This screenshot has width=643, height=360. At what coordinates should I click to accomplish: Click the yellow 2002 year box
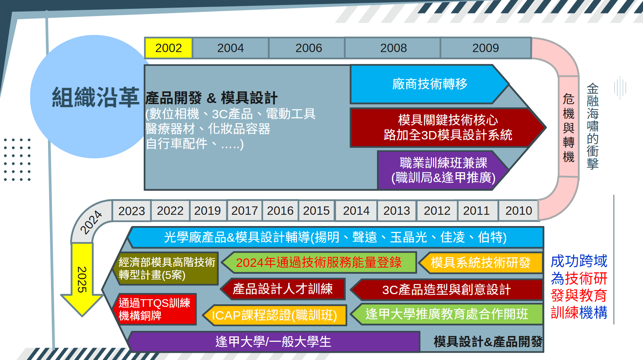168,48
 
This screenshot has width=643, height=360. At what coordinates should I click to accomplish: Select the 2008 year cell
393,48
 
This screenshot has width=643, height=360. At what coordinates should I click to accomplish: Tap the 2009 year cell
485,48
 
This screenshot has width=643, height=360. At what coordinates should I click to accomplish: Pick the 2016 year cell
280,210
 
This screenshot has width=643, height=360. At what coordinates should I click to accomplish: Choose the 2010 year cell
519,210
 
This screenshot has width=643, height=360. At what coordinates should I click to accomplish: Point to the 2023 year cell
131,211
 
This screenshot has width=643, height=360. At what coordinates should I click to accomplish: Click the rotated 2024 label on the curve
91,222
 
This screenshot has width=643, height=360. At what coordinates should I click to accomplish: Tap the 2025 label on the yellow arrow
82,279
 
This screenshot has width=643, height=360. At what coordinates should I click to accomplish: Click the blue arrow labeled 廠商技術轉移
429,84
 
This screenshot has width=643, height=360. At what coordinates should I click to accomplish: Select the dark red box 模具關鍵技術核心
448,127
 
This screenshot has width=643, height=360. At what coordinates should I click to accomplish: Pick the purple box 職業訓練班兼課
443,170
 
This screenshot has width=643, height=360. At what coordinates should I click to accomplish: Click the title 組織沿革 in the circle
95,97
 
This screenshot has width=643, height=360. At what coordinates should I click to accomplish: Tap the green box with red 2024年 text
318,262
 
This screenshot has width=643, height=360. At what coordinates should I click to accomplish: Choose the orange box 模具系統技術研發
480,262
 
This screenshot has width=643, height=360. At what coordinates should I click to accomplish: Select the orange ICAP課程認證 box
274,315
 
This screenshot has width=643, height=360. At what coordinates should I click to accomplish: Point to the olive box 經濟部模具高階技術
166,268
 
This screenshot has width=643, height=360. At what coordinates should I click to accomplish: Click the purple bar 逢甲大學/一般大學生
274,342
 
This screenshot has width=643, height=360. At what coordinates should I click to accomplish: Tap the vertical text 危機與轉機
568,127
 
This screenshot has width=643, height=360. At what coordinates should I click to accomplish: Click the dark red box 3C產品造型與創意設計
446,290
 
